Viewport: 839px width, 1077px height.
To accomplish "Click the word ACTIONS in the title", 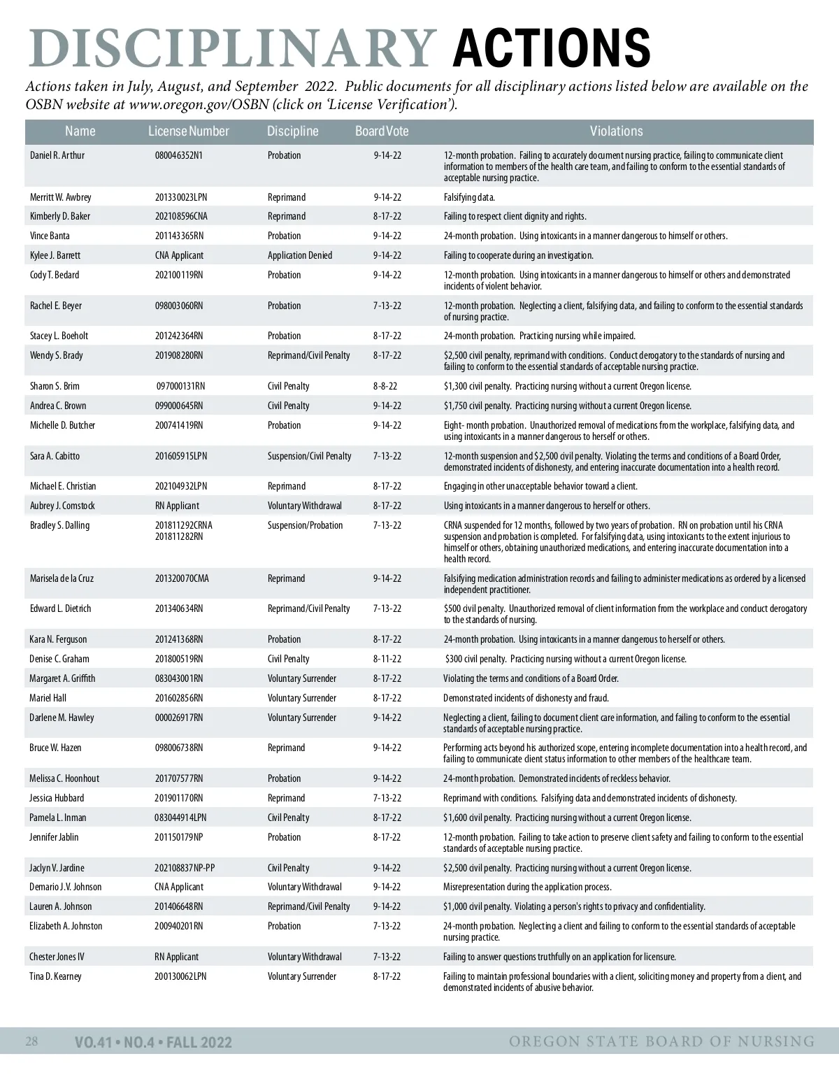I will [x=552, y=48].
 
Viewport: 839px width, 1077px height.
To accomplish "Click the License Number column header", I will [x=188, y=131].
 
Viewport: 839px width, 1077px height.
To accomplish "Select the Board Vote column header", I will [x=382, y=131].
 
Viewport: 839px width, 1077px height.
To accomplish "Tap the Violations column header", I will [x=616, y=131].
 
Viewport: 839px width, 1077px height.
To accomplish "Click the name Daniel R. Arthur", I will [x=57, y=155].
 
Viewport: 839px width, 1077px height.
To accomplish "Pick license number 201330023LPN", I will [x=181, y=197].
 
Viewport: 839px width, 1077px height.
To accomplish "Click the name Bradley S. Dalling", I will [x=60, y=525].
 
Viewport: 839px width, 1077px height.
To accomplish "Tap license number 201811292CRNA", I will [x=184, y=525].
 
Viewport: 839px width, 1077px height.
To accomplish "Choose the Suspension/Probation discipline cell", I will [x=306, y=525].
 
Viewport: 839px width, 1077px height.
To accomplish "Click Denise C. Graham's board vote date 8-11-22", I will [x=387, y=659].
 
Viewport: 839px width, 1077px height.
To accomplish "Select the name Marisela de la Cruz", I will [x=62, y=578].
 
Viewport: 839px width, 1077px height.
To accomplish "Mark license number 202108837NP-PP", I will [x=185, y=868].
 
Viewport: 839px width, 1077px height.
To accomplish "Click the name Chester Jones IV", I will [x=57, y=957].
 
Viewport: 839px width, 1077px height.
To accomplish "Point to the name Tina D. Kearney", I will [x=55, y=976].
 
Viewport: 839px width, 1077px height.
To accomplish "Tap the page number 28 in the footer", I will [x=31, y=1041].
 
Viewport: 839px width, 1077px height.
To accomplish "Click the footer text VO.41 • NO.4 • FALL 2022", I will [x=153, y=1043].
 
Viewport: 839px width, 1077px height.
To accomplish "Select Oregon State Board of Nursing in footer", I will [x=661, y=1042].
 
